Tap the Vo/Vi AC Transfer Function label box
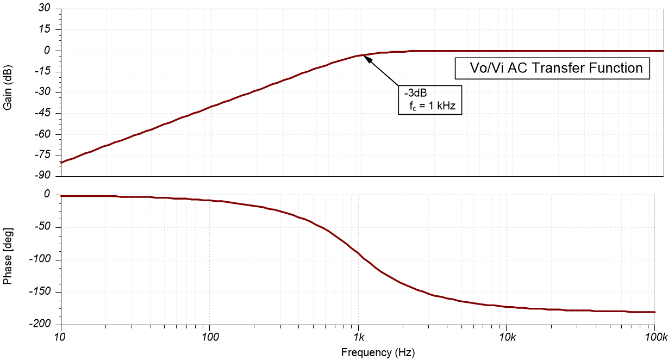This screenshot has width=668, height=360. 552,69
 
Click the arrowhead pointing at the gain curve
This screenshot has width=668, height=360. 369,59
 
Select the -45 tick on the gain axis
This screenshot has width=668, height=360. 41,113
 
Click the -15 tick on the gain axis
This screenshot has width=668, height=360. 41,72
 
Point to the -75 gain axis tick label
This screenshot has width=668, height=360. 41,156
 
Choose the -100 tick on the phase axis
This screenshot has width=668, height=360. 39,259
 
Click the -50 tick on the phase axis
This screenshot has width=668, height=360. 41,227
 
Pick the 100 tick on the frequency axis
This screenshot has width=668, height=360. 209,337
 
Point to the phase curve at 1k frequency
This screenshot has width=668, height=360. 358,254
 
